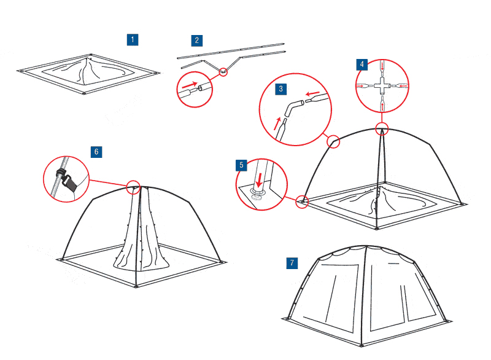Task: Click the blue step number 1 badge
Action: point(133,40)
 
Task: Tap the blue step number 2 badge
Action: point(197,41)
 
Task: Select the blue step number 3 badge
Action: point(281,89)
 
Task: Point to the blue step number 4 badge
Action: point(362,65)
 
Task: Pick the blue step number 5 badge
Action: point(241,165)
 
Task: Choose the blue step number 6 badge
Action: point(96,152)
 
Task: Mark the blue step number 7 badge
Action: point(292,263)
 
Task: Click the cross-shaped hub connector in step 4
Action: point(382,85)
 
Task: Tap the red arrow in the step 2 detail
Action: point(190,85)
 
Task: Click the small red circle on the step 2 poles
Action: point(223,72)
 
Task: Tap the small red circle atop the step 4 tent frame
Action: point(382,128)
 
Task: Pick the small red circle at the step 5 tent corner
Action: point(302,202)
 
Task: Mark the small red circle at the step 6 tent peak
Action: point(133,187)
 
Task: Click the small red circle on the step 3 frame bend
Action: point(333,141)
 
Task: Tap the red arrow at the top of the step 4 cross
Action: point(382,66)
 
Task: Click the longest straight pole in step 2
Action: point(231,51)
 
